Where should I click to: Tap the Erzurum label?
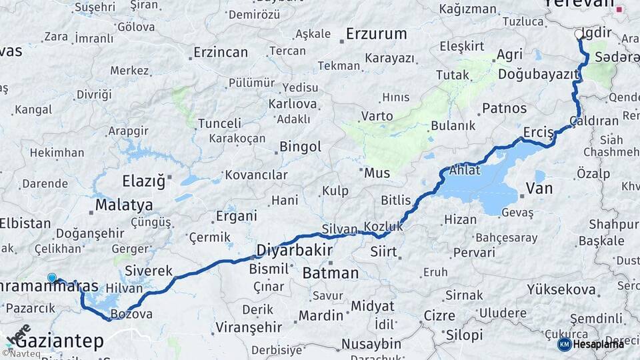tap(376, 33)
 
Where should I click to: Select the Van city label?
tap(539, 189)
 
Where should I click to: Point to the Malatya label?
tap(124, 205)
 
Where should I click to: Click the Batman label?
tap(330, 273)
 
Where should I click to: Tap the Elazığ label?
tap(143, 181)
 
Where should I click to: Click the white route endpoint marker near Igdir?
tap(579, 33)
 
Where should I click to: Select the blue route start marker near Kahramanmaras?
tap(52, 277)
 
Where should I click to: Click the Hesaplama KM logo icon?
tap(564, 344)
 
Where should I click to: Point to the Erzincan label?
tap(220, 52)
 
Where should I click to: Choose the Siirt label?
tap(383, 253)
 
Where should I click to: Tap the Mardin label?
tap(321, 315)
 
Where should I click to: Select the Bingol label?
tap(300, 147)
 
